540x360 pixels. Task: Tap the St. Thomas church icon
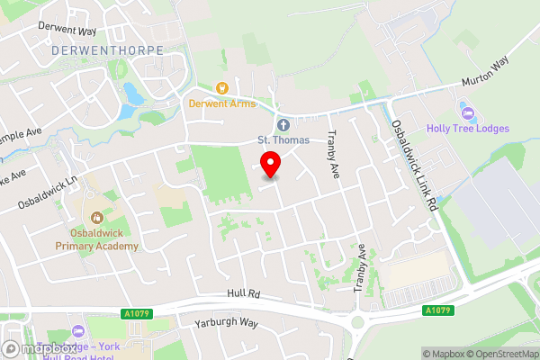(x=283, y=124)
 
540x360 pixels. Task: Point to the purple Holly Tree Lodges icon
(x=466, y=112)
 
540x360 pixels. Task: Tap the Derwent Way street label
(x=67, y=27)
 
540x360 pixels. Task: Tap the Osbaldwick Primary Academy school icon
(x=95, y=216)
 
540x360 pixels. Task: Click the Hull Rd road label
(x=243, y=294)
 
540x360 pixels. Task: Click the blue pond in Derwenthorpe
(x=133, y=93)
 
